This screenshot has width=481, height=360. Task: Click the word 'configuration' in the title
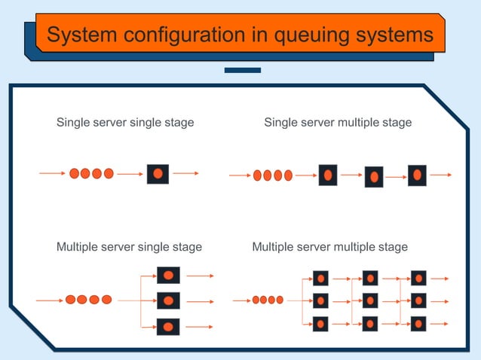pyautogui.click(x=176, y=35)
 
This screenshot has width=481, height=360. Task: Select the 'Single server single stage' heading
pyautogui.click(x=125, y=122)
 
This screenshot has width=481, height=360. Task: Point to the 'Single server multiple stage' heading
pyautogui.click(x=338, y=122)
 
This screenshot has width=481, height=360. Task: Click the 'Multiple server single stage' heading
pyautogui.click(x=129, y=246)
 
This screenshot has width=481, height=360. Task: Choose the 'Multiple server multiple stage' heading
pyautogui.click(x=329, y=246)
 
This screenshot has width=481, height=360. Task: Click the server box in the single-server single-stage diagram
pyautogui.click(x=158, y=173)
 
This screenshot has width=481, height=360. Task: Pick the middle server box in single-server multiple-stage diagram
pyautogui.click(x=374, y=177)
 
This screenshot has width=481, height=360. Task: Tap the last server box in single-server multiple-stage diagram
pyautogui.click(x=417, y=175)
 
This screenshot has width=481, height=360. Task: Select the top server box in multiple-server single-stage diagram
pyautogui.click(x=168, y=276)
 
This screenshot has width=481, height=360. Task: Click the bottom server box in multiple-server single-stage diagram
pyautogui.click(x=168, y=326)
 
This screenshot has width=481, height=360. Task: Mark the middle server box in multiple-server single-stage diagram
pyautogui.click(x=168, y=301)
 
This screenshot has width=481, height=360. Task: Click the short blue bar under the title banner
pyautogui.click(x=243, y=70)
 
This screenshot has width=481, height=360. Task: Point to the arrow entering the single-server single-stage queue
pyautogui.click(x=52, y=173)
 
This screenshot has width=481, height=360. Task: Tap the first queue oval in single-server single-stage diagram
pyautogui.click(x=74, y=173)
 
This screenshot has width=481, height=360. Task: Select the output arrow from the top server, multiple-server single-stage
pyautogui.click(x=201, y=276)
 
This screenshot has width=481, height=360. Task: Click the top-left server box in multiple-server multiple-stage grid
pyautogui.click(x=321, y=278)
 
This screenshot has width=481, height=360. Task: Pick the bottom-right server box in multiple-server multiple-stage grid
pyautogui.click(x=418, y=325)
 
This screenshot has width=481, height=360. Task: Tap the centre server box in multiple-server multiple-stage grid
pyautogui.click(x=370, y=301)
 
